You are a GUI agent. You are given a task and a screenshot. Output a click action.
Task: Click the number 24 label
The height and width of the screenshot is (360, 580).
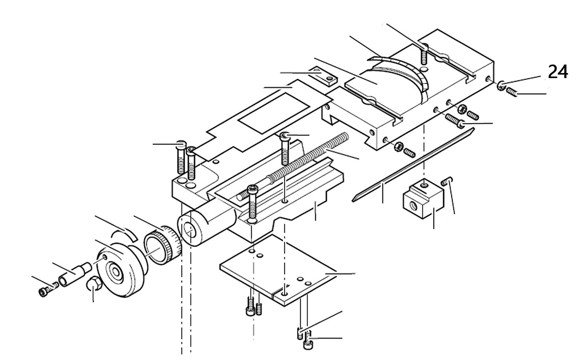(x=558, y=72)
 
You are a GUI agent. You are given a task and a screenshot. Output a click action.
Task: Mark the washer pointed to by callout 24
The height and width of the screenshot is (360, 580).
(x=501, y=86)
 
